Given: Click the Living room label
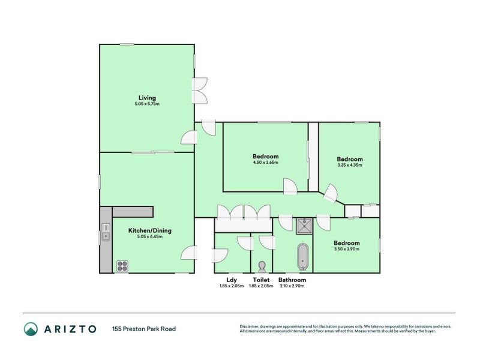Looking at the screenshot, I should click(x=147, y=98).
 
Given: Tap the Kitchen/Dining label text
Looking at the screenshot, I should click(x=150, y=230).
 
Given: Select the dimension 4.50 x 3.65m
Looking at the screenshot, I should click(x=265, y=163).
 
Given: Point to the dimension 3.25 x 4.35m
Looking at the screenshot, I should click(x=350, y=165).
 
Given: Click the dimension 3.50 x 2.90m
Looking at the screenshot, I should click(x=346, y=248).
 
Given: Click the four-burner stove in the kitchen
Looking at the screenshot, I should click(x=122, y=265).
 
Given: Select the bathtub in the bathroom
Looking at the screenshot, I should click(x=302, y=256).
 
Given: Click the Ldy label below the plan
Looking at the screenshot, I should click(x=232, y=280).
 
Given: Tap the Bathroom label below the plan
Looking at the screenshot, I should click(x=292, y=280).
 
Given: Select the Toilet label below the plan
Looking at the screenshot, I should click(x=261, y=280).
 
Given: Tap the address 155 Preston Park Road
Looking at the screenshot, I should click(x=143, y=328).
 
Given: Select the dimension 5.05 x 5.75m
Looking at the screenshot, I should click(x=147, y=104).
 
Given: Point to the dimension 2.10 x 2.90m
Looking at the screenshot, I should click(x=292, y=286).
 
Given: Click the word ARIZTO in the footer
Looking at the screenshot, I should click(x=70, y=328).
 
